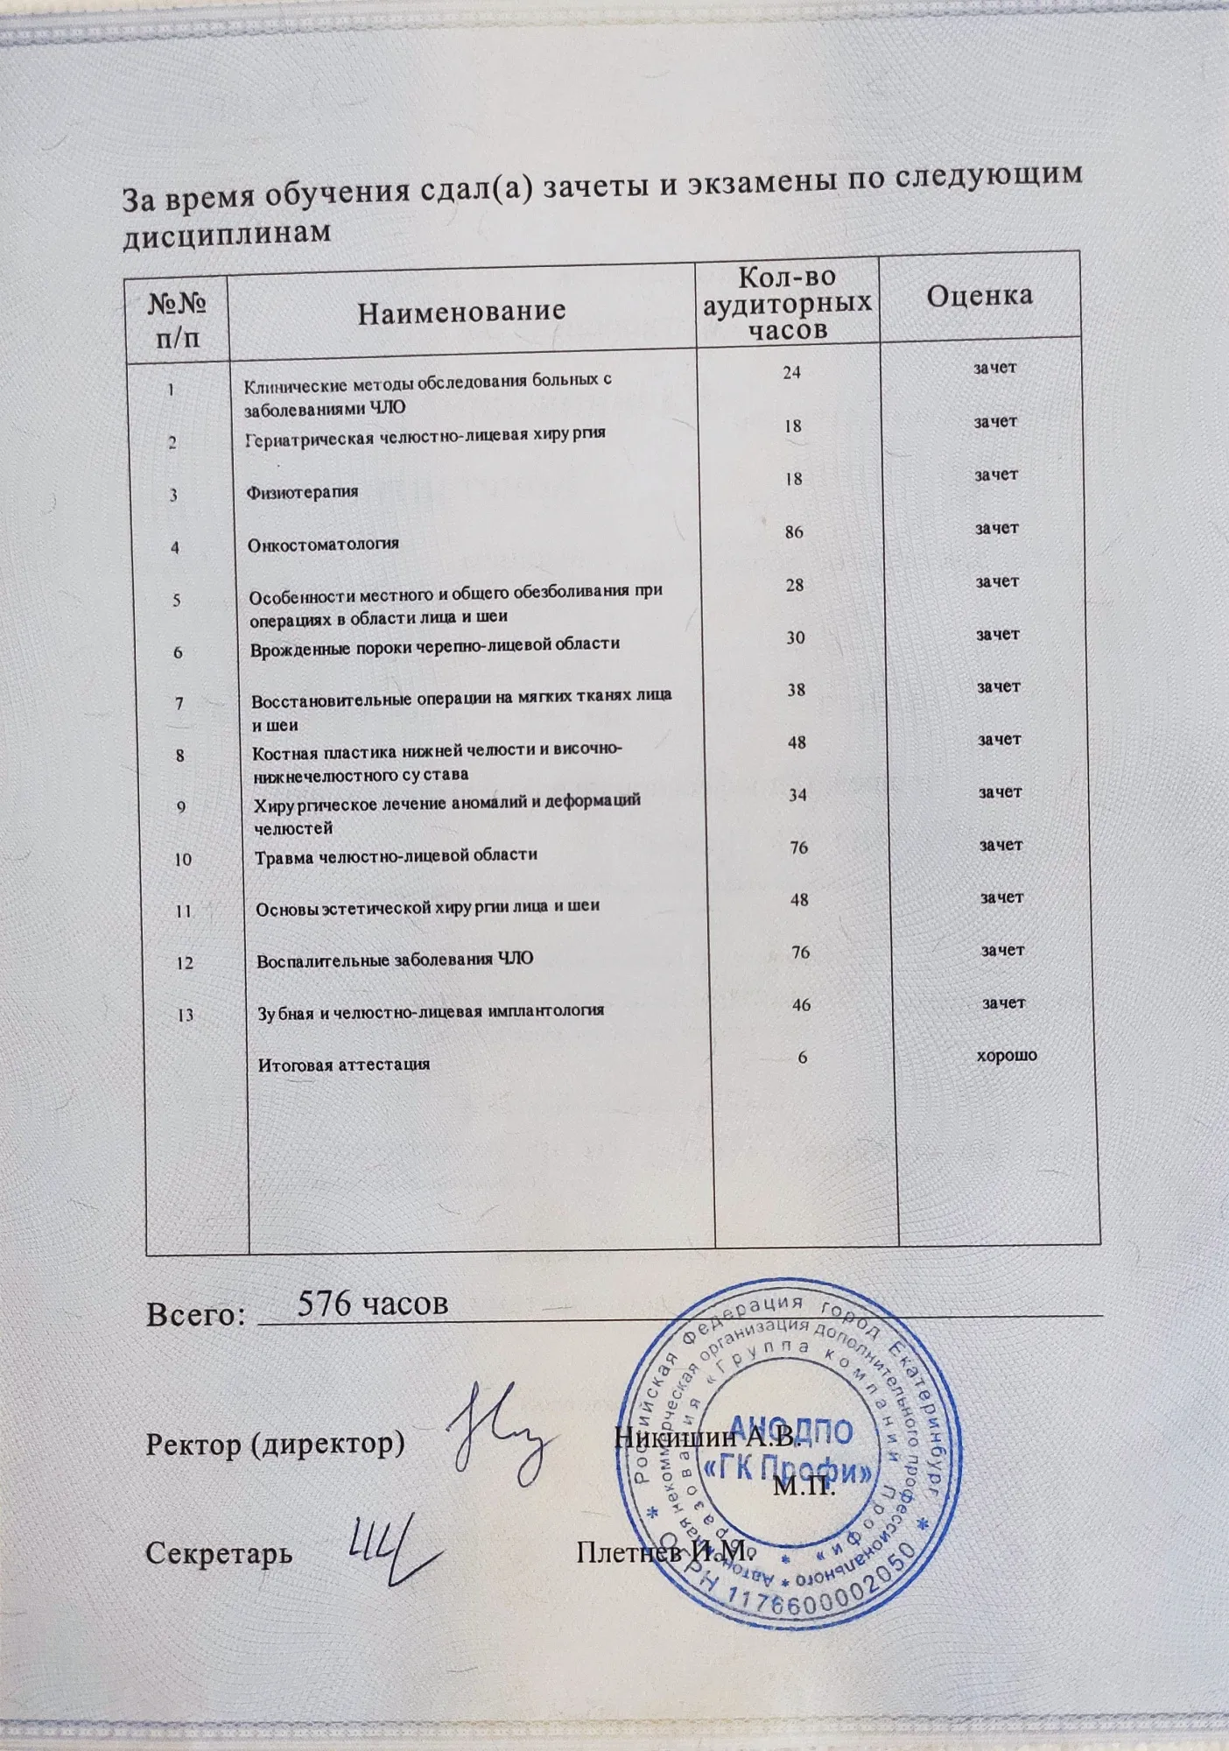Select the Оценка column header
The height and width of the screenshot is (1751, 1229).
coord(979,295)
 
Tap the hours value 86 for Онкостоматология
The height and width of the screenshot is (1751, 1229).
coord(794,531)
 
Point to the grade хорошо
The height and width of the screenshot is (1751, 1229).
coord(1007,1056)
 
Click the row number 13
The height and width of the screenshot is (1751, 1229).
coord(186,1016)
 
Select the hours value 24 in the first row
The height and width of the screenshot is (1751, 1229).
coord(791,372)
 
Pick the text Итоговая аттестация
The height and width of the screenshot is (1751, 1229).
coord(344,1065)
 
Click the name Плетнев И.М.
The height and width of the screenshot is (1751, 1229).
coord(664,1551)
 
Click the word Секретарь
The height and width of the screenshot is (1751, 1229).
coord(219,1553)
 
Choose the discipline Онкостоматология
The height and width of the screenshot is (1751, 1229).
coord(324,544)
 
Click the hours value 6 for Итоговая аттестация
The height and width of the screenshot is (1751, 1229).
coord(802,1058)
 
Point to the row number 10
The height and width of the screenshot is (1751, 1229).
coord(183,859)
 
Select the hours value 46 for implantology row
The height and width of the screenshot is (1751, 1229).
coord(801,1005)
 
